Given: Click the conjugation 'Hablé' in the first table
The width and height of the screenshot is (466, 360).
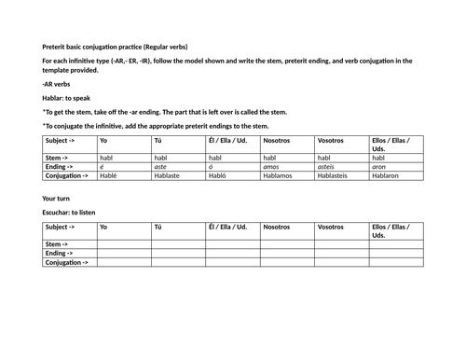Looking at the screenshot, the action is pyautogui.click(x=109, y=174).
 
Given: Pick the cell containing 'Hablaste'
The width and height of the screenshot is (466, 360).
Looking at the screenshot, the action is pyautogui.click(x=169, y=174).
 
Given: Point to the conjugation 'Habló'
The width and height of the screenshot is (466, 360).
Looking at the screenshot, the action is pyautogui.click(x=221, y=174).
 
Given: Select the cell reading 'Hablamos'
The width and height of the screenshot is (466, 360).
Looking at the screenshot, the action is pyautogui.click(x=279, y=174).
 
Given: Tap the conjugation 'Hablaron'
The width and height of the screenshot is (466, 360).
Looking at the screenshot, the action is pyautogui.click(x=388, y=174).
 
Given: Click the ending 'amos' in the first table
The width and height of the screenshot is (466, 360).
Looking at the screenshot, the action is pyautogui.click(x=273, y=166).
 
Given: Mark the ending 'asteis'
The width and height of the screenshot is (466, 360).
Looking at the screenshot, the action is pyautogui.click(x=329, y=166).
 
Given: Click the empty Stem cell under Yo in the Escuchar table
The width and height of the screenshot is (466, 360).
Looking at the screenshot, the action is pyautogui.click(x=124, y=244).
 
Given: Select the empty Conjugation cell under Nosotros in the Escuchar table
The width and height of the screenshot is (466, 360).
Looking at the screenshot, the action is pyautogui.click(x=287, y=262).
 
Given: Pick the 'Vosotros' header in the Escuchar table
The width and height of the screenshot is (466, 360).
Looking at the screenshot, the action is pyautogui.click(x=332, y=227).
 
